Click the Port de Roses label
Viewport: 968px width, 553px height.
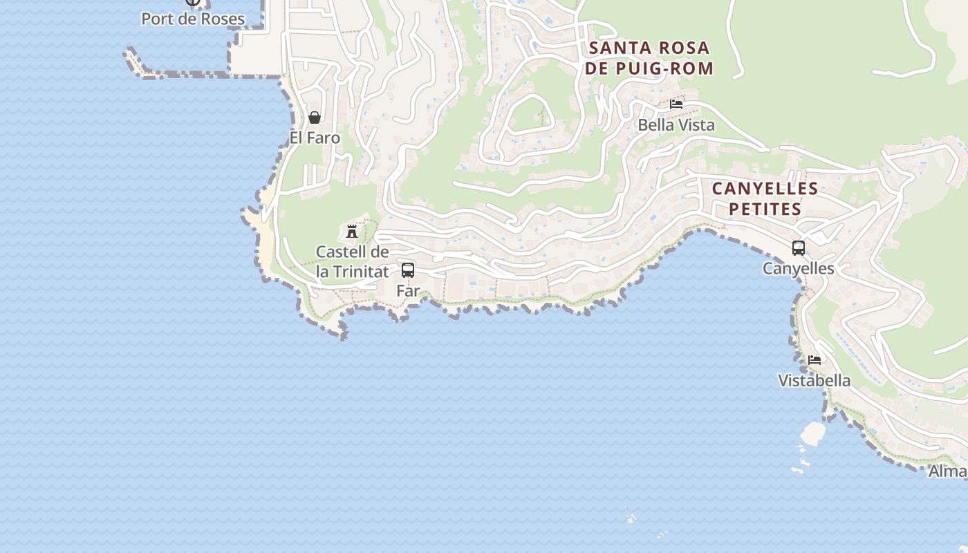193,19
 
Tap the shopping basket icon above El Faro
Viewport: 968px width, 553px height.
315,118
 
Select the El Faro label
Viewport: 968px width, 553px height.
315,138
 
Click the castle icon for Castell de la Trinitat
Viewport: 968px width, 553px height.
352,231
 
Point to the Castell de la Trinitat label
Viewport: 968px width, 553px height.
353,261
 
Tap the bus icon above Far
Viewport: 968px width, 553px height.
408,270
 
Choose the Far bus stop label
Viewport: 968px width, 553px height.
408,291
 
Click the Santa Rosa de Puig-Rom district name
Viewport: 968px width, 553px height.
649,58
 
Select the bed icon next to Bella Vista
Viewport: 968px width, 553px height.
676,104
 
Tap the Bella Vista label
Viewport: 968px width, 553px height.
676,125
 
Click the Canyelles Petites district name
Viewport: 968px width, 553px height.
765,198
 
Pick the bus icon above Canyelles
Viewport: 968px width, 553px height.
799,247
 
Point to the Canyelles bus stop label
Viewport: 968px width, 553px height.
799,268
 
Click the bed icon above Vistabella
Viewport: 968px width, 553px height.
815,359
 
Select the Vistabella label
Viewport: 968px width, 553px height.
815,380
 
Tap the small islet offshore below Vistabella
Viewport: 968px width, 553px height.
813,433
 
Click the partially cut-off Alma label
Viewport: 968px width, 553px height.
947,471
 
